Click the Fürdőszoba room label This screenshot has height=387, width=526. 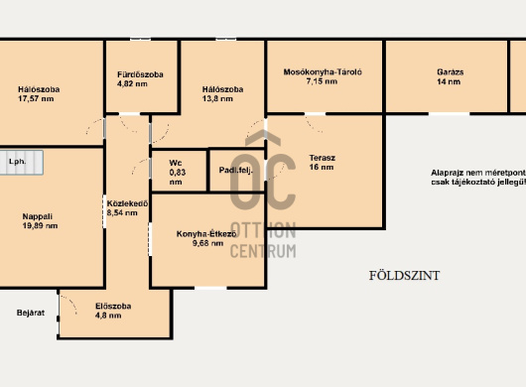(x=140, y=74)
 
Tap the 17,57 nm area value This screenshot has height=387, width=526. (x=36, y=98)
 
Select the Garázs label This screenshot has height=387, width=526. (x=451, y=72)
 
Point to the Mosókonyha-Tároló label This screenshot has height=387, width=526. (x=323, y=72)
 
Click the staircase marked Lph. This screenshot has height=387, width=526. (x=22, y=163)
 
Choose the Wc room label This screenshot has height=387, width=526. (x=176, y=163)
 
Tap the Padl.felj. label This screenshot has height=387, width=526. (x=236, y=171)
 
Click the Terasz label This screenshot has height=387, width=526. (x=322, y=158)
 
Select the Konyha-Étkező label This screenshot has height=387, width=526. (x=206, y=234)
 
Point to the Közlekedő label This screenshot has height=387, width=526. (x=127, y=203)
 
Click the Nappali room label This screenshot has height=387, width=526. (x=38, y=216)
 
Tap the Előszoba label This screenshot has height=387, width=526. (x=113, y=307)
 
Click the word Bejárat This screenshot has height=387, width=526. (x=31, y=313)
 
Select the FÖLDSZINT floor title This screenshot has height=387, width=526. (x=404, y=276)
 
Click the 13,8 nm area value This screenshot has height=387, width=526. (x=217, y=98)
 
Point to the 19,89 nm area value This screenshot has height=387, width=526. (x=40, y=225)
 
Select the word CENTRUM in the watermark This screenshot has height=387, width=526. (x=263, y=251)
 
